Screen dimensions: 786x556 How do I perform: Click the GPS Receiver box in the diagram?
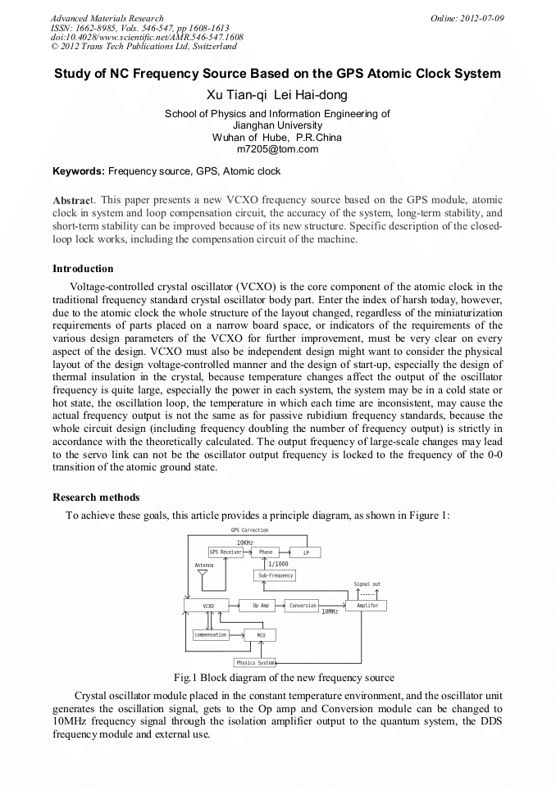226,552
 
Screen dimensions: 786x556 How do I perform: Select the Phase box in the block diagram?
266,552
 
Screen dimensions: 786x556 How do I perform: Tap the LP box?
306,552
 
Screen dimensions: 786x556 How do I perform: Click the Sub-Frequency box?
276,576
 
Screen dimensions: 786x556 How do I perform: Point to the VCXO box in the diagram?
208,606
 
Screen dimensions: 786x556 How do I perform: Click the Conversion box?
303,606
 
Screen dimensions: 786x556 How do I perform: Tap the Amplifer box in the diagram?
367,606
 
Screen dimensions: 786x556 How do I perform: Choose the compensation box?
211,634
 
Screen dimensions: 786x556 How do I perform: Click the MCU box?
261,634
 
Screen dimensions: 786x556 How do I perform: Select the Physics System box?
255,662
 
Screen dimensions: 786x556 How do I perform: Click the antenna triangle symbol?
203,574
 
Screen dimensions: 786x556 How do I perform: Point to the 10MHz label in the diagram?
329,612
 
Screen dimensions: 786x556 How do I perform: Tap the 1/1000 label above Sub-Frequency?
278,564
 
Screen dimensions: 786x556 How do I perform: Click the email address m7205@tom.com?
277,149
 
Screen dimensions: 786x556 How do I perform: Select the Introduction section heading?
83,269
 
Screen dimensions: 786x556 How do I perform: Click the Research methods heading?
96,497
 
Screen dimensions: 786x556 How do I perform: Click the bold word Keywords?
79,171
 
